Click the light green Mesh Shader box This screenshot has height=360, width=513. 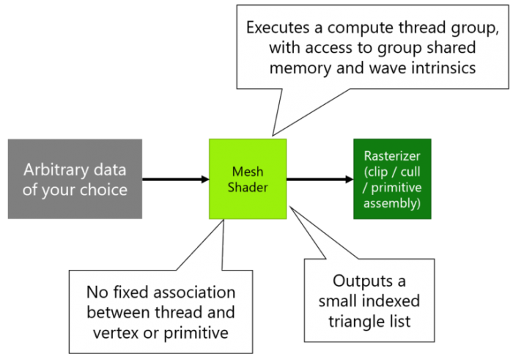(x=248, y=178)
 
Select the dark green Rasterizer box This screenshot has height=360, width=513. (x=392, y=178)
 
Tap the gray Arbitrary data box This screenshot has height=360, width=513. (x=75, y=178)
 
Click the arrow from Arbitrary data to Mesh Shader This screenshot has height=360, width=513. (x=176, y=178)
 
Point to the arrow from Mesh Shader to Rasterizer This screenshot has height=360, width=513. (x=320, y=178)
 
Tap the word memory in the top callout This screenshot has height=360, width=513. (x=296, y=67)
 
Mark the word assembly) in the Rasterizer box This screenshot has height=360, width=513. (x=392, y=202)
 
